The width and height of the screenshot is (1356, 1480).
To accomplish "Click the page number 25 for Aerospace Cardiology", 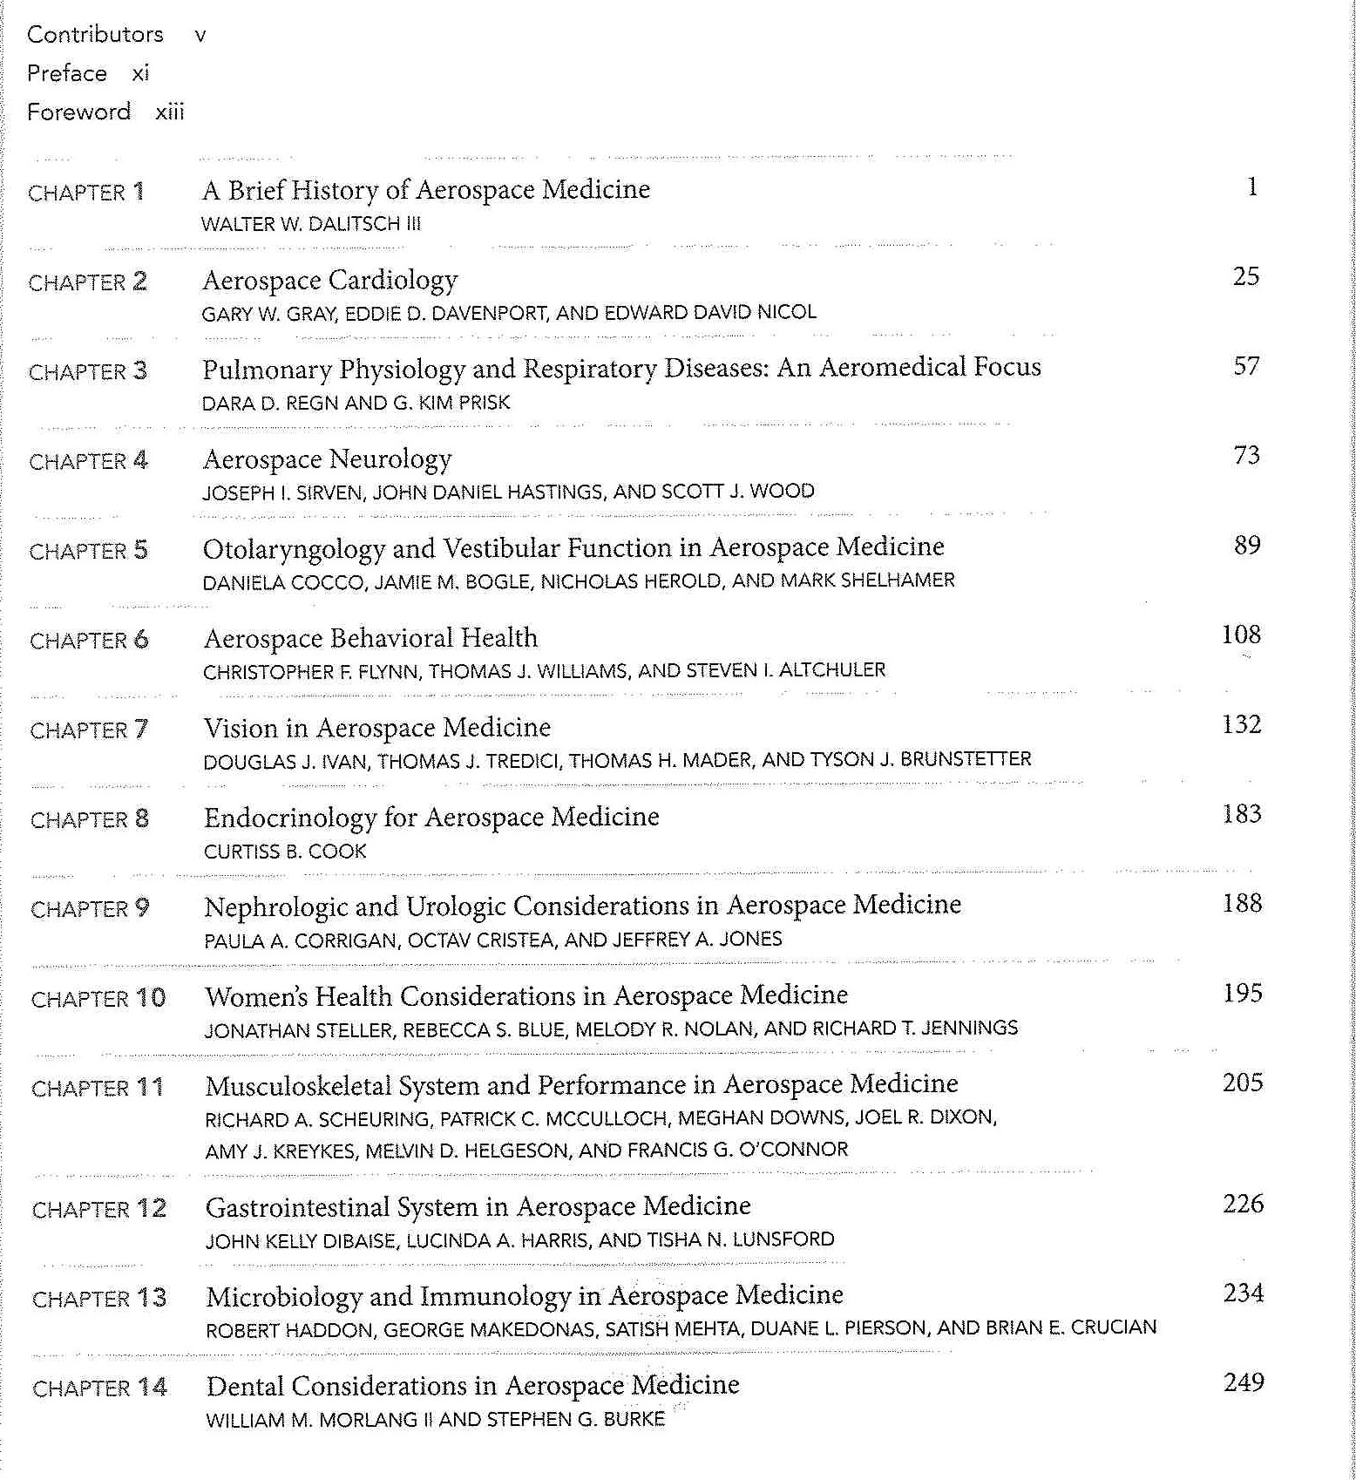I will (1245, 276).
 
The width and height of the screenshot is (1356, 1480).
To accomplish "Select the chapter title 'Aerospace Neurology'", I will (327, 458).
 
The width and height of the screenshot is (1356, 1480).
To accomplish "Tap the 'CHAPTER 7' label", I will (89, 730).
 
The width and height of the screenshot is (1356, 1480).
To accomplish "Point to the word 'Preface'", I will (66, 73).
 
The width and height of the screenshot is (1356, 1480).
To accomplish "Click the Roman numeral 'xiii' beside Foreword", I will (170, 112).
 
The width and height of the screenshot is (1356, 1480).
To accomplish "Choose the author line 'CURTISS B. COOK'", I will (285, 851).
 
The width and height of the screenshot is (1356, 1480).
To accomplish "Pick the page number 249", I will (1244, 1382).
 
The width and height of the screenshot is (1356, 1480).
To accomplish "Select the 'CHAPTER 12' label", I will (98, 1209).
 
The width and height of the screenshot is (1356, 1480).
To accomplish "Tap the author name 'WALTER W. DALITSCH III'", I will (310, 224).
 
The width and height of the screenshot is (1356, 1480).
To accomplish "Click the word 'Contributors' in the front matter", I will (95, 35).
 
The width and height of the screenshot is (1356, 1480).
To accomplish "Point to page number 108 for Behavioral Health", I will (1241, 635).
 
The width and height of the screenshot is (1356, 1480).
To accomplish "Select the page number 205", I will (1242, 1083).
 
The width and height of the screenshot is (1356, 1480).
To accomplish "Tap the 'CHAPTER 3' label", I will (88, 372).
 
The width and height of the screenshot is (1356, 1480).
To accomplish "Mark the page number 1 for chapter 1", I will (1252, 187).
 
